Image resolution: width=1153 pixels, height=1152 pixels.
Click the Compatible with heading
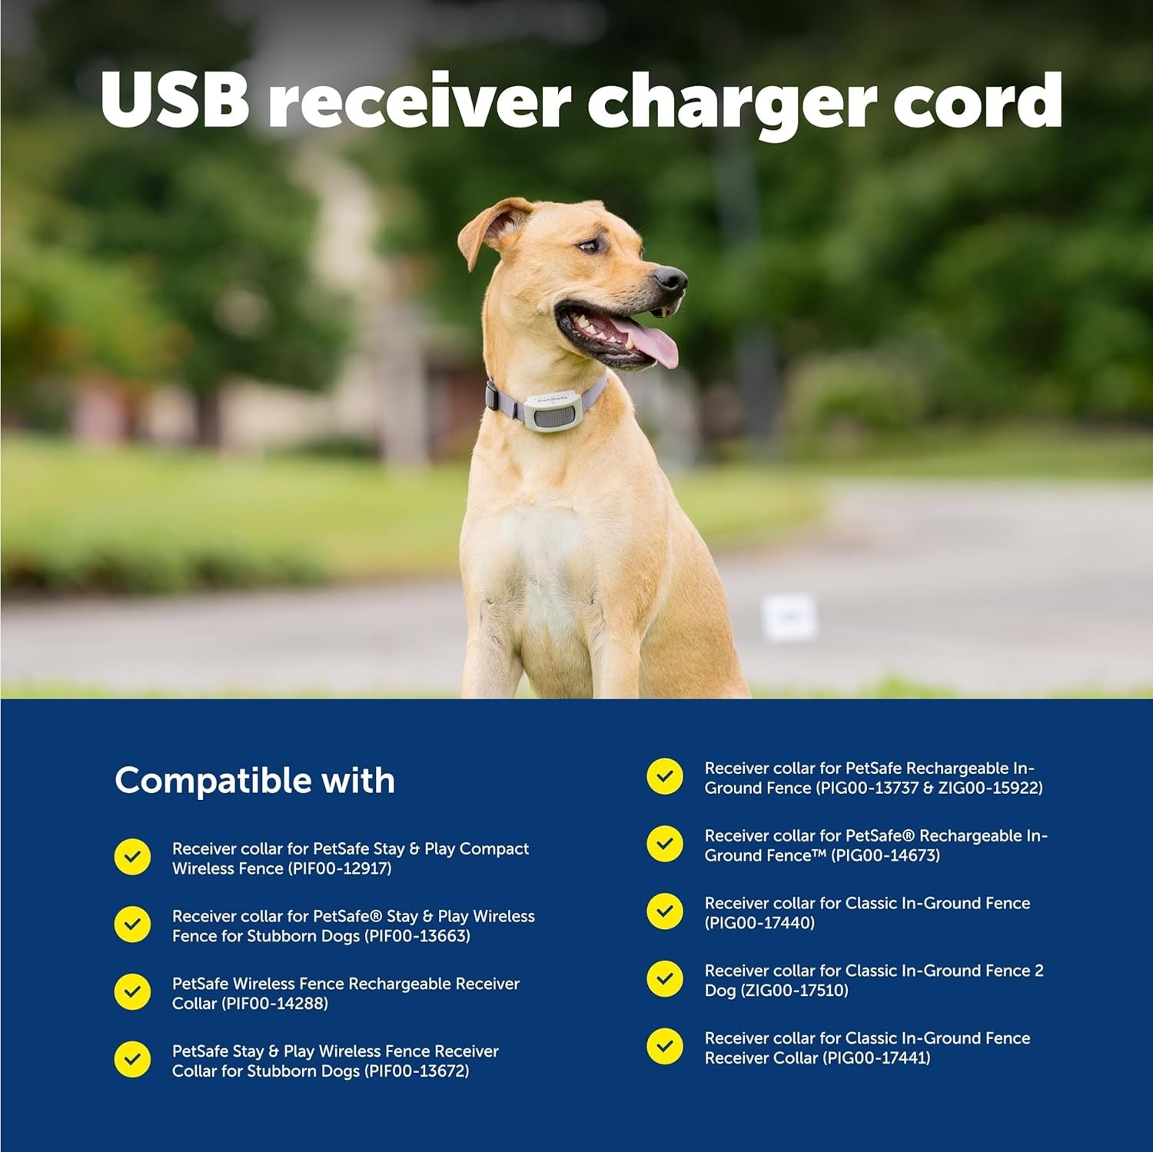pyautogui.click(x=254, y=781)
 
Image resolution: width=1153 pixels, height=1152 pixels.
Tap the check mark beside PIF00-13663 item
pyautogui.click(x=132, y=925)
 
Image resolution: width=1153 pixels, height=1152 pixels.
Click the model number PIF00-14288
pyautogui.click(x=274, y=1004)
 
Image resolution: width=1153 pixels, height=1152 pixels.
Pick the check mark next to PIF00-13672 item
pyautogui.click(x=132, y=1060)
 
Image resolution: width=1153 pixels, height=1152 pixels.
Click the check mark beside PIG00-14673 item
pyautogui.click(x=665, y=844)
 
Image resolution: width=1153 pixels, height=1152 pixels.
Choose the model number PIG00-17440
pyautogui.click(x=759, y=923)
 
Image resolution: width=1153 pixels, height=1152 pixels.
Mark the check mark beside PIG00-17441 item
pyautogui.click(x=665, y=1047)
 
